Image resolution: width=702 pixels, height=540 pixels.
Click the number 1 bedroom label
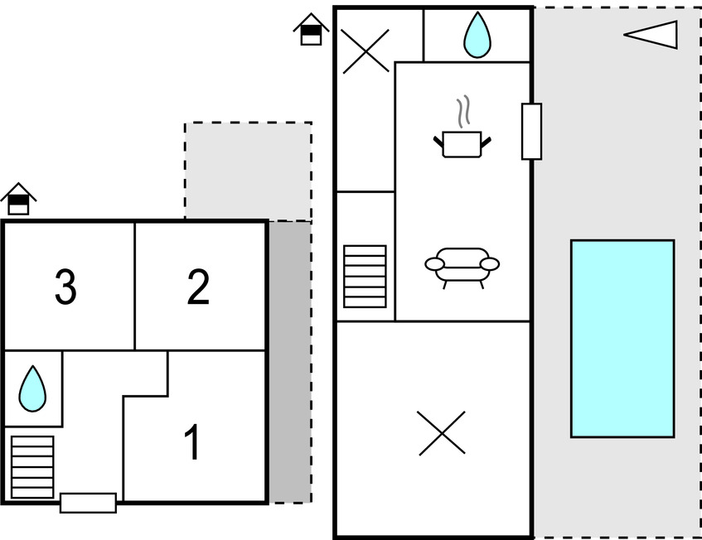[192, 443]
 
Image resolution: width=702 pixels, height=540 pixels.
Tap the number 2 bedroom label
[198, 287]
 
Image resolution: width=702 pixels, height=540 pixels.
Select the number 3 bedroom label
[65, 287]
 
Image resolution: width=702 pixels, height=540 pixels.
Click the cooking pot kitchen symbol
[462, 143]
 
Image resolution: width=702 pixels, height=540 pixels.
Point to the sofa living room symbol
[462, 266]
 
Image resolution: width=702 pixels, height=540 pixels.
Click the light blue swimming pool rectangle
[622, 338]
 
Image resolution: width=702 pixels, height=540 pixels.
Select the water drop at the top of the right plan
[476, 36]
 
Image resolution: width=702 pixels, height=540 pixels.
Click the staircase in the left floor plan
[32, 466]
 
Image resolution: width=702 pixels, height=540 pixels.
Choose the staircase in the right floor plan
[365, 276]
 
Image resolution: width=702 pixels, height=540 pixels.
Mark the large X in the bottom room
[441, 433]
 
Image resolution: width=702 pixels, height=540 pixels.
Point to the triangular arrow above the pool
[652, 35]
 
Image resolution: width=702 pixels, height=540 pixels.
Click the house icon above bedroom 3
[18, 199]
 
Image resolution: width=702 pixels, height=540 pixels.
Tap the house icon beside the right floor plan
[311, 29]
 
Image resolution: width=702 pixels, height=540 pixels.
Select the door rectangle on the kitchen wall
[531, 132]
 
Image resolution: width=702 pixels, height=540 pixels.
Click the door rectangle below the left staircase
[88, 503]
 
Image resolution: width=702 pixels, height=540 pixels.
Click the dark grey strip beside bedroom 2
[289, 361]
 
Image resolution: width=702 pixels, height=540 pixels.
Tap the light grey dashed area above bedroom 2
[248, 171]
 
